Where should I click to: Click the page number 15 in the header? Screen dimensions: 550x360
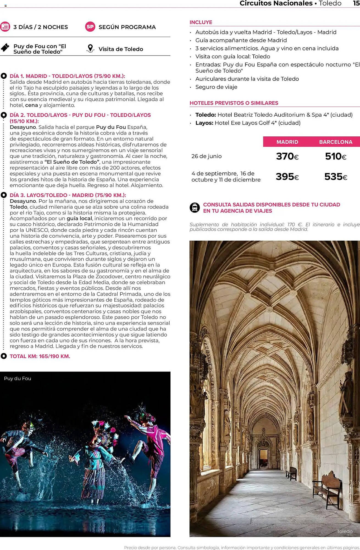[356, 3]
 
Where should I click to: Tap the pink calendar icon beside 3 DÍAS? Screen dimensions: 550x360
[5, 26]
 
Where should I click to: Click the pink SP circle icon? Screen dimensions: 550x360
[90, 27]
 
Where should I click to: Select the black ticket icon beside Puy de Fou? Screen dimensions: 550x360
[5, 48]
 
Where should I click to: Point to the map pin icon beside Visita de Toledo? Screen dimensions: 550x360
[90, 49]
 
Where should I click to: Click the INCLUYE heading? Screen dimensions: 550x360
[201, 22]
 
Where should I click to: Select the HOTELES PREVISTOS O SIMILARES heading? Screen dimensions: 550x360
[234, 103]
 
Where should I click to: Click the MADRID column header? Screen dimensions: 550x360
[287, 142]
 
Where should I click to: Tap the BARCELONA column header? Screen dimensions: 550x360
[336, 142]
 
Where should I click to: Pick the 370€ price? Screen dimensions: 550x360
[287, 156]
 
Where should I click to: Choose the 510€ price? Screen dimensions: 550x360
[336, 156]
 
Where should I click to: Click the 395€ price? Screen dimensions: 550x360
[287, 177]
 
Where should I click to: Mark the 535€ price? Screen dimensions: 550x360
[336, 177]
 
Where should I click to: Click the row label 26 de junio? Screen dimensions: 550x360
[206, 156]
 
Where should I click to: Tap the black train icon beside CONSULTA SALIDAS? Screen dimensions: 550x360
[195, 207]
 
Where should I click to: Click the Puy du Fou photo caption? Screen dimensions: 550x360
[18, 378]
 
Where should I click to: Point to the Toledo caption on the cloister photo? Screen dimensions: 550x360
[345, 531]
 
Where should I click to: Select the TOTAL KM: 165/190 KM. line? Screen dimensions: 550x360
[40, 356]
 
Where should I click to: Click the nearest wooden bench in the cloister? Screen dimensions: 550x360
[327, 489]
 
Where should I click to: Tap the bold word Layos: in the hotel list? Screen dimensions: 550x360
[204, 123]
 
